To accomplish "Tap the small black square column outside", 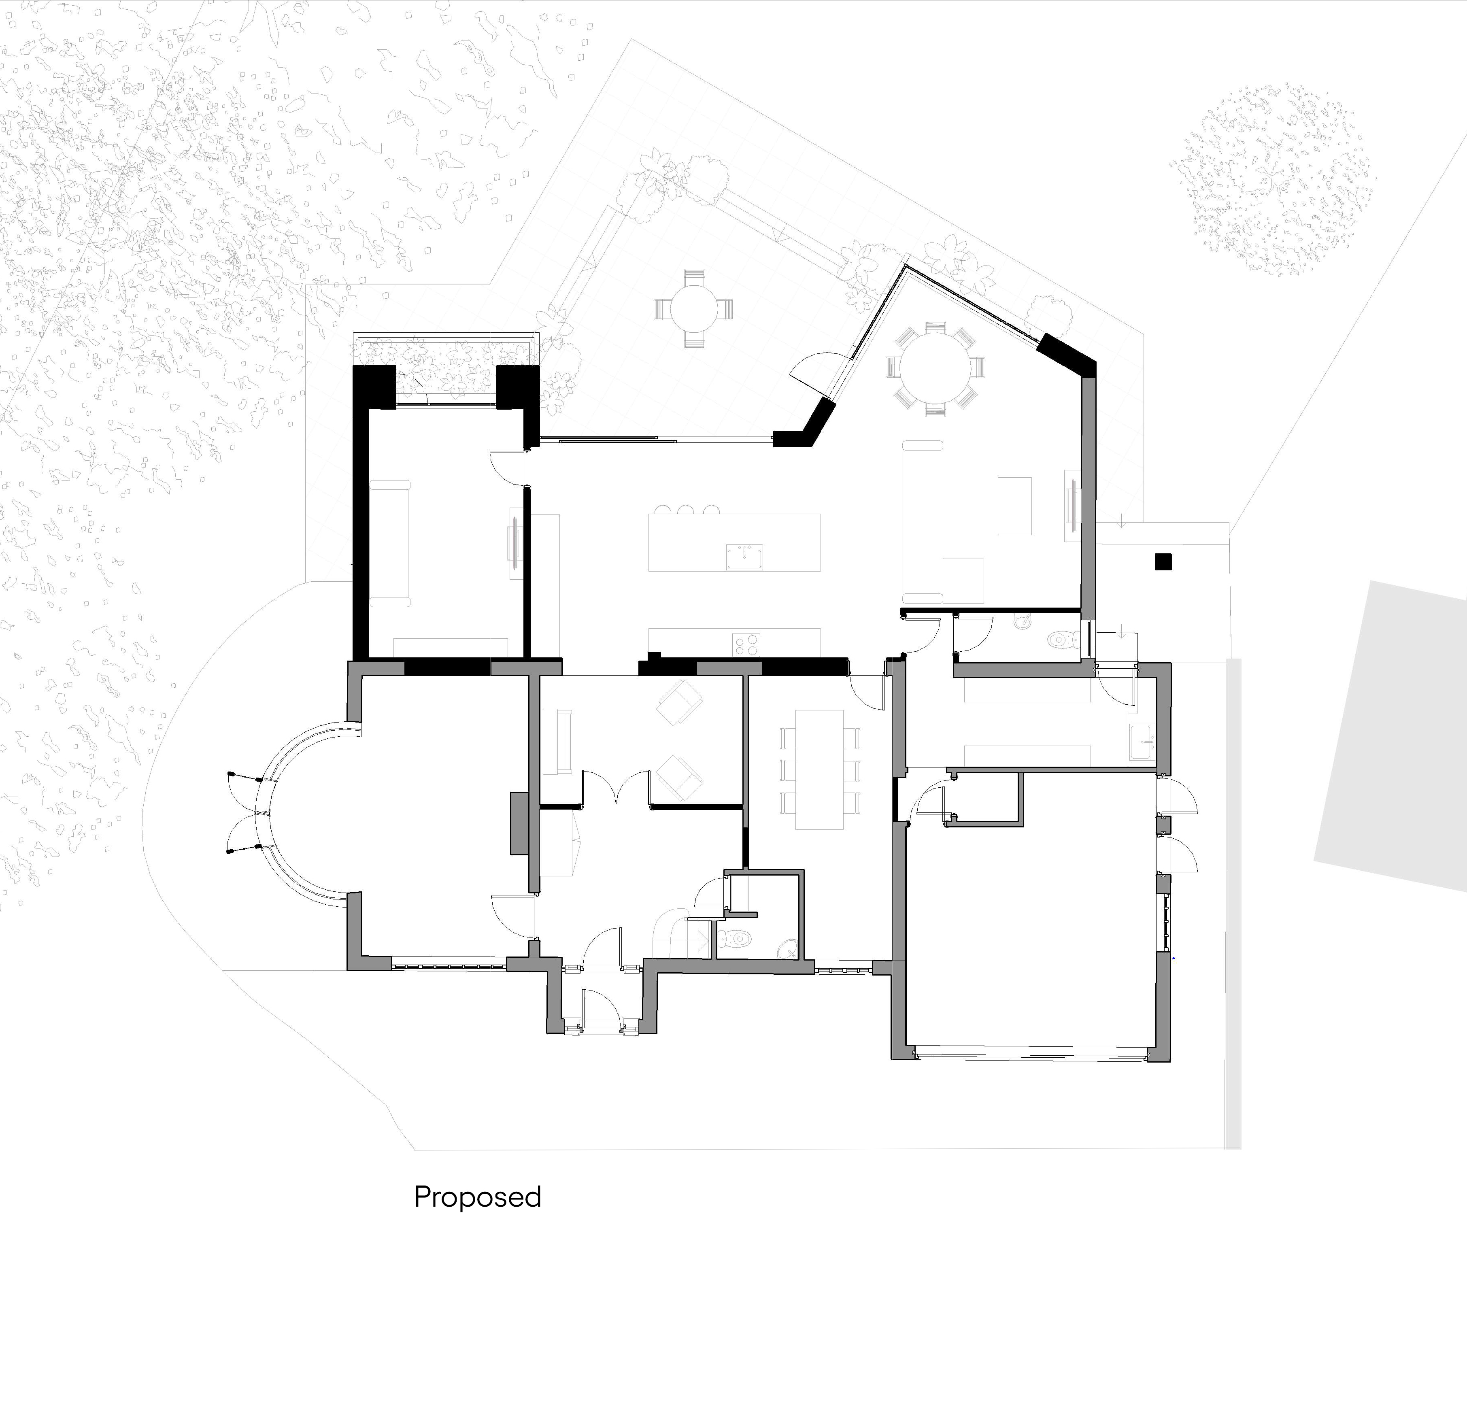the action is [x=1162, y=561].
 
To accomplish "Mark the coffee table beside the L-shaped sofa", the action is [x=1015, y=506].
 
